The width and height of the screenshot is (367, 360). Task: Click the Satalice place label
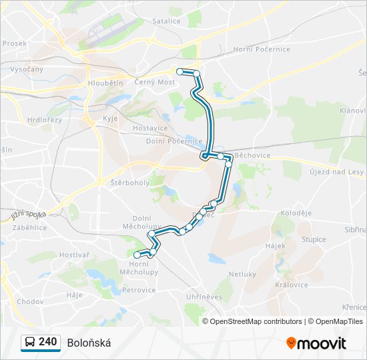[166, 21]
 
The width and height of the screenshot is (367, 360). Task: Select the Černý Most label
[154, 82]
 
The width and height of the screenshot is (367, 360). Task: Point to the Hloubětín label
[105, 83]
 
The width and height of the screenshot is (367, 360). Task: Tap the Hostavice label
[150, 127]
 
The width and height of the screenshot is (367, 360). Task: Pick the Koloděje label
[296, 213]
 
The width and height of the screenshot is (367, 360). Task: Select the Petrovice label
[139, 290]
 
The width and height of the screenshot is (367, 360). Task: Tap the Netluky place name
[242, 274]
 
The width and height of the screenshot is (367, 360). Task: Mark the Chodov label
[30, 301]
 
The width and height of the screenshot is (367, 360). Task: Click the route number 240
[47, 342]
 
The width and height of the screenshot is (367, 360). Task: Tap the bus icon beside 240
[30, 343]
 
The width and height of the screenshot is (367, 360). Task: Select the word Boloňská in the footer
[89, 343]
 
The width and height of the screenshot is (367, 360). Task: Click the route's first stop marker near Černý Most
[179, 71]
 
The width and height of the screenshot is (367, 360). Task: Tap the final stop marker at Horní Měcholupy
[137, 255]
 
